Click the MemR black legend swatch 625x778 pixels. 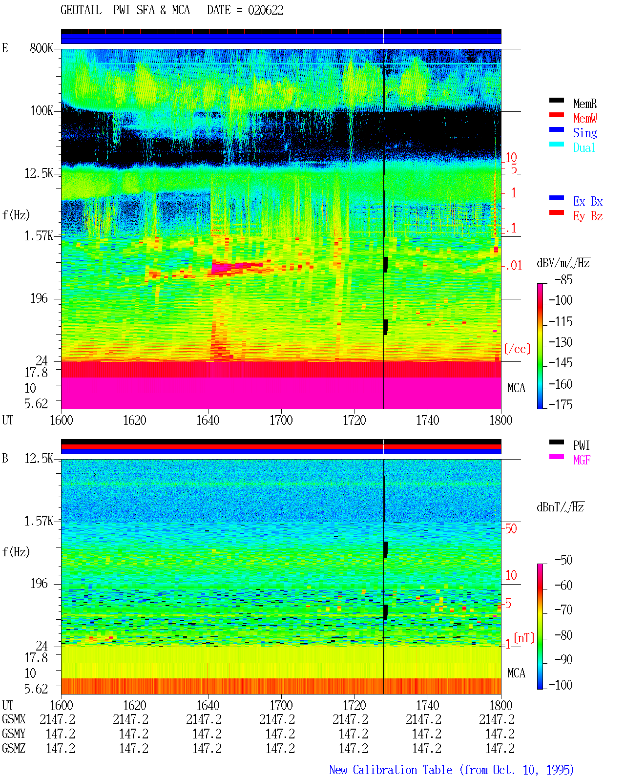(556, 100)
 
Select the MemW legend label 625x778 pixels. (585, 118)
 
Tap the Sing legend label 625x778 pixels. (585, 133)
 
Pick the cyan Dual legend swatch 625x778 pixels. (556, 144)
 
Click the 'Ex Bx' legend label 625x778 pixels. (588, 201)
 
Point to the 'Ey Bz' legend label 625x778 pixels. (588, 216)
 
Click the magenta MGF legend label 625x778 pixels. (582, 460)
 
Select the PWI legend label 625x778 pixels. (582, 445)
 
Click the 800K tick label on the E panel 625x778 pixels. (42, 48)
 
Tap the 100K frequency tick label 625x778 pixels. (42, 111)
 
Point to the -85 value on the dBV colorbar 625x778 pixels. (563, 280)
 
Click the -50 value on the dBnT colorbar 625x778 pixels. (563, 560)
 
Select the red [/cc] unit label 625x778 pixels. (517, 349)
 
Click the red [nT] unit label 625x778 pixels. (524, 638)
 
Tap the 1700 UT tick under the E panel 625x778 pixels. (281, 421)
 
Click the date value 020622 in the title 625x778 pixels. (266, 10)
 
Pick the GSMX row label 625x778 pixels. (14, 719)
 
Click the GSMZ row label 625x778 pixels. (14, 748)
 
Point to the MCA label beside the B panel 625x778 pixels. (516, 673)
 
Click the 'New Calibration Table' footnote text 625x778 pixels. (391, 770)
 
